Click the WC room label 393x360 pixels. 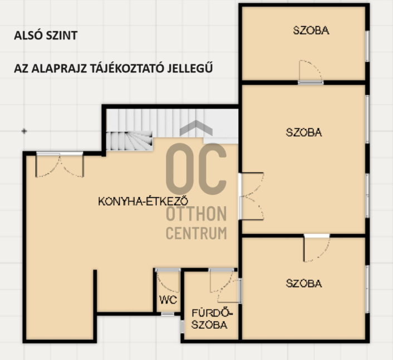coord(168,300)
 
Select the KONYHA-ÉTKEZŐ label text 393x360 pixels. coord(143,201)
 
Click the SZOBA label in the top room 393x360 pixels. coord(311,30)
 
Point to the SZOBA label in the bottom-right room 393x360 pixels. coord(304,284)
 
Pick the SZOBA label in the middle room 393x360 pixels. coord(304,133)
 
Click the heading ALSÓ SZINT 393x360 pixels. coord(46,35)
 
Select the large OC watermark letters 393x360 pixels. coord(196,169)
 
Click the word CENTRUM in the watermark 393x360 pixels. coord(196,233)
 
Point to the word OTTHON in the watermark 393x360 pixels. coord(196,214)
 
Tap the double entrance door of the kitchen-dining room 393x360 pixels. coord(60,164)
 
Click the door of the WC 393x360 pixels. coord(168,280)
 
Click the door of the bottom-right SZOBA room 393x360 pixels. coord(317,248)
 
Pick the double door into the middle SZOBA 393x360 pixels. coord(251,196)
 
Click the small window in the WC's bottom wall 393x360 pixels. coord(168,314)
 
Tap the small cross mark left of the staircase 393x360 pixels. coord(24,131)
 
